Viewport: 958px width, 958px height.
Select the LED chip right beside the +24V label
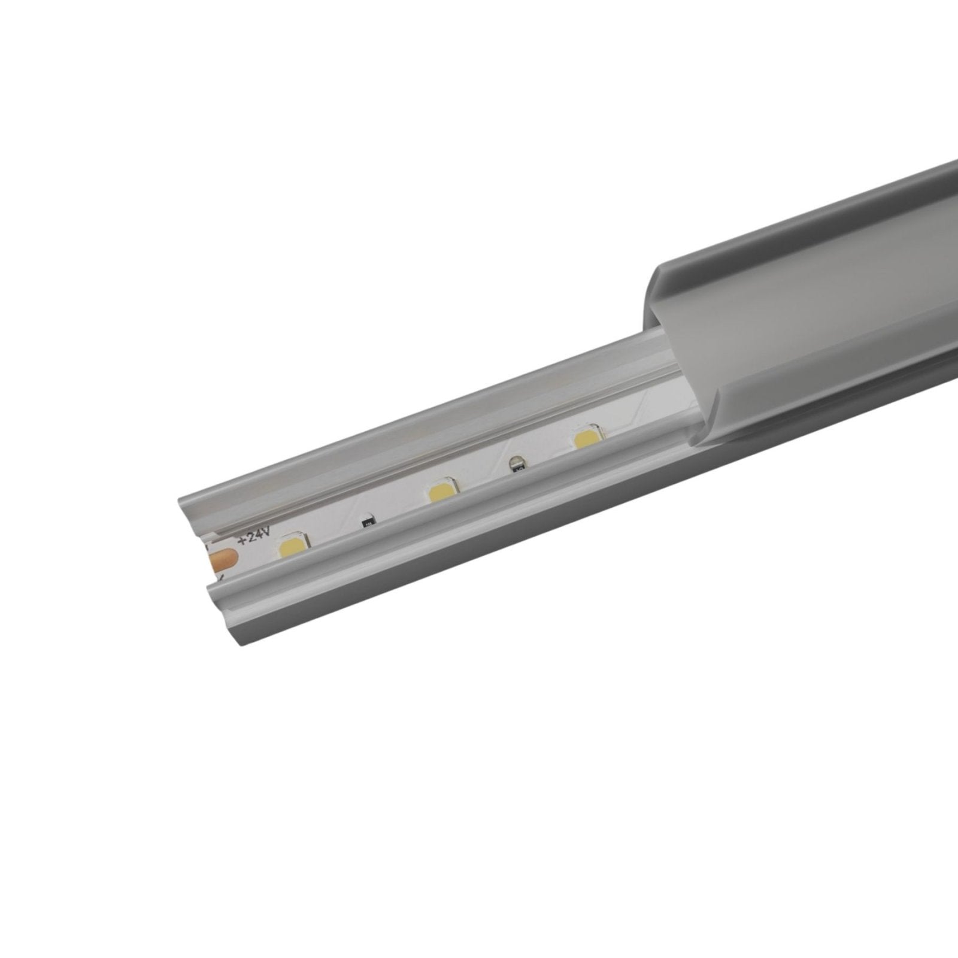coord(292,547)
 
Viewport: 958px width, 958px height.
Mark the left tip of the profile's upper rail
coord(180,501)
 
